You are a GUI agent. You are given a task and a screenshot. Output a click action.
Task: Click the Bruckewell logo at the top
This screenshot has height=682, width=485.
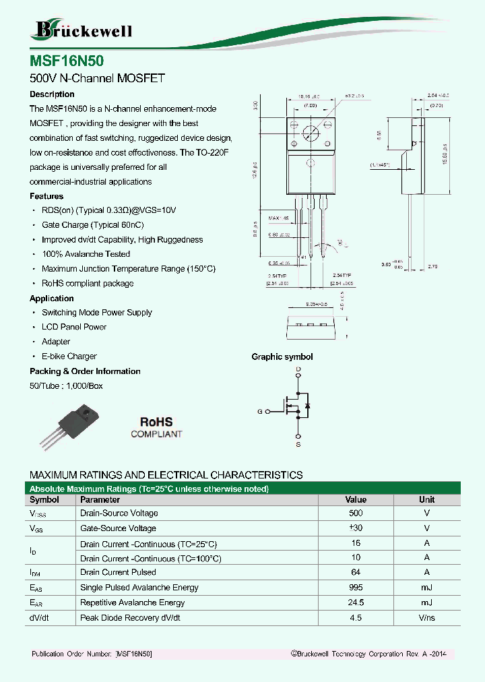tap(82, 30)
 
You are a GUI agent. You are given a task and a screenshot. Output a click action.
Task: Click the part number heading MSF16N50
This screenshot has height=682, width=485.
tap(67, 61)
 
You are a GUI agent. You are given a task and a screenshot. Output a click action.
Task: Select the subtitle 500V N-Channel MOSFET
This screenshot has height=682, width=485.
tap(97, 78)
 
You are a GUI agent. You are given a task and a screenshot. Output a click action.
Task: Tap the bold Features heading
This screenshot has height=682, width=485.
tap(46, 196)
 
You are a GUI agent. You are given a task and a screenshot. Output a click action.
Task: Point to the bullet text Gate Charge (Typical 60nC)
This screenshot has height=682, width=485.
tap(92, 225)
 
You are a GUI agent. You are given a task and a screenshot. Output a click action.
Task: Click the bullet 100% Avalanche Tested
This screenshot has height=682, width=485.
tap(86, 254)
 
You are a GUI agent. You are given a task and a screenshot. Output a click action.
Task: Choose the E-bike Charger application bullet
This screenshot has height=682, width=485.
tap(69, 356)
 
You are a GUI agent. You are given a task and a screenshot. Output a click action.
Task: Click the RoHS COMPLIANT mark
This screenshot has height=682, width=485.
tap(156, 427)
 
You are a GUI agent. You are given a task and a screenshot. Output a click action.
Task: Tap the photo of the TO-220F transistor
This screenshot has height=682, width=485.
tap(71, 427)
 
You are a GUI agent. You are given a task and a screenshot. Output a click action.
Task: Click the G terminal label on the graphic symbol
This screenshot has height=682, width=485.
tap(259, 411)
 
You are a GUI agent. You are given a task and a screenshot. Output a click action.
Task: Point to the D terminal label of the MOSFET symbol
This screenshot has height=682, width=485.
tap(298, 370)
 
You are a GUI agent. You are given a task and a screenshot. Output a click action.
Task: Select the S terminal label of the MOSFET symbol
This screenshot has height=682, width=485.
tap(298, 445)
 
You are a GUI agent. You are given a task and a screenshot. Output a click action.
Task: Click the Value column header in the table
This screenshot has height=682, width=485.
tap(356, 500)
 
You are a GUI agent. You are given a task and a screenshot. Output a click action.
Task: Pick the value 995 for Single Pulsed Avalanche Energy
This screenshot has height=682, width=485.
tap(356, 588)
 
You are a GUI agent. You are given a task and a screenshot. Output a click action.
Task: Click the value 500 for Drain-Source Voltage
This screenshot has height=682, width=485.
tap(356, 514)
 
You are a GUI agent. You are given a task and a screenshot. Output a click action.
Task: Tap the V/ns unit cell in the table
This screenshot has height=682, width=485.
tap(426, 618)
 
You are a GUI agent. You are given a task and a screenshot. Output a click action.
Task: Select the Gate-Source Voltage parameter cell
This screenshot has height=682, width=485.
tap(118, 528)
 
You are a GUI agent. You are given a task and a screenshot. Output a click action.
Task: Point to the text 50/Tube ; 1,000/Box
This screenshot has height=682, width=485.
tap(66, 386)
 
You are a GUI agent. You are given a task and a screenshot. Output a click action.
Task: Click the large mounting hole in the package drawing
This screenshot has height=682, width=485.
tap(311, 133)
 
